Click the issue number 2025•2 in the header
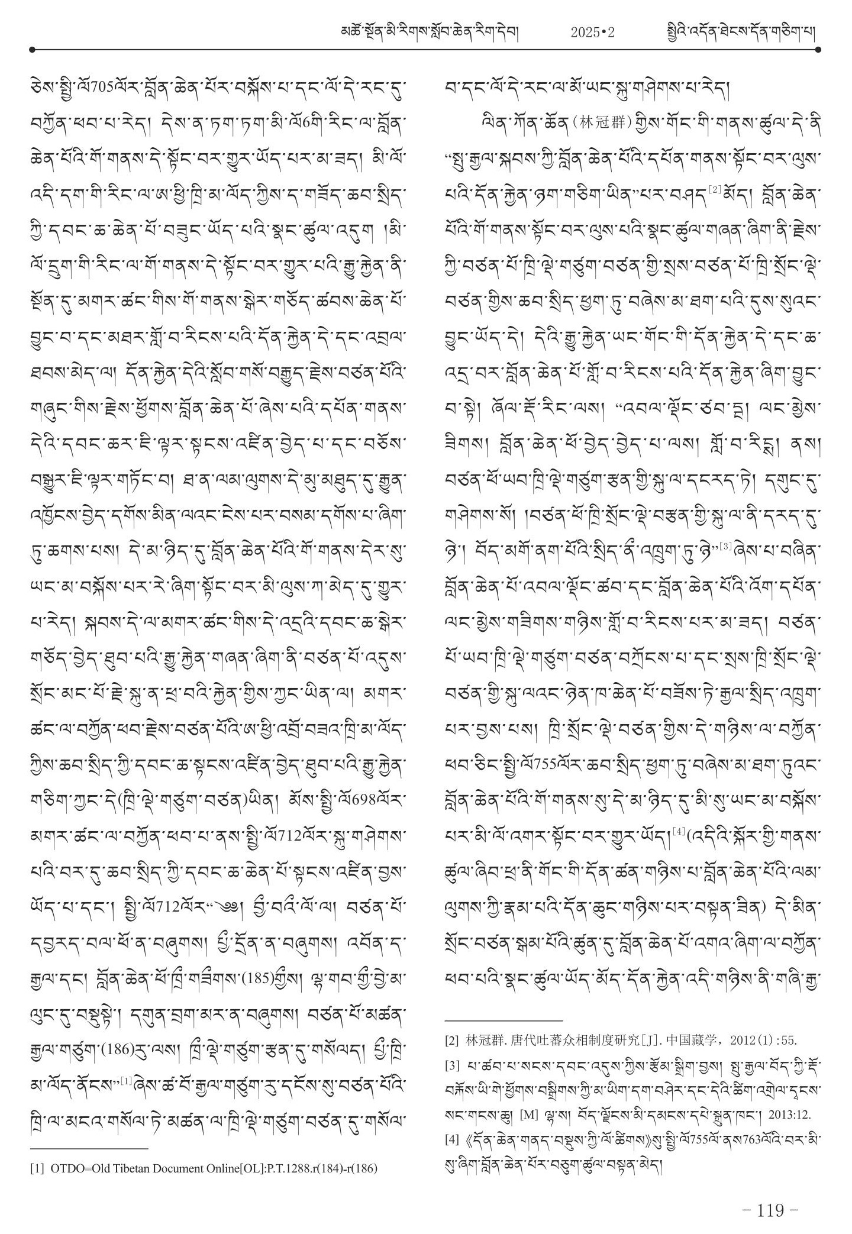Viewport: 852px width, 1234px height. pyautogui.click(x=593, y=33)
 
